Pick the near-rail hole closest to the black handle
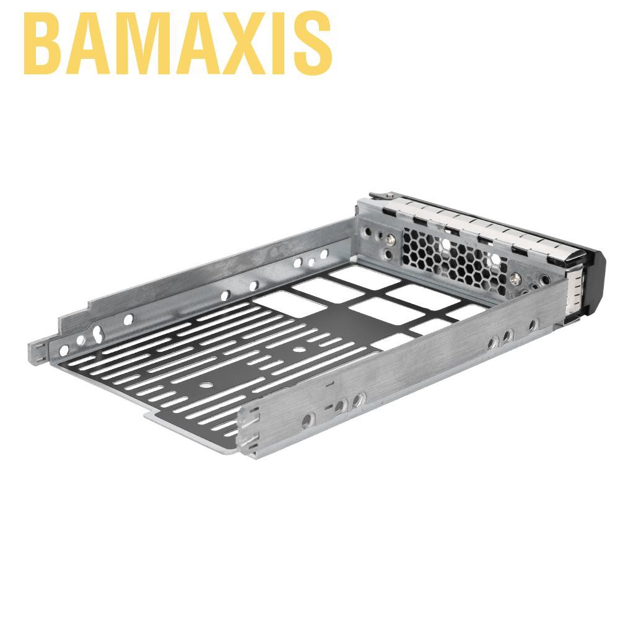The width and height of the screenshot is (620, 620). click(x=532, y=325)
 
